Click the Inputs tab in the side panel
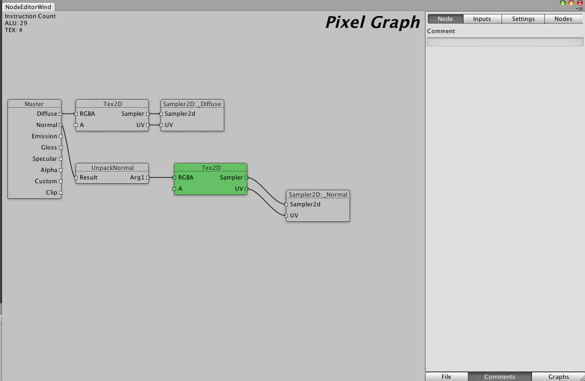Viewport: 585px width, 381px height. click(x=482, y=19)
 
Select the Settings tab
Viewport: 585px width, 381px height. click(x=523, y=19)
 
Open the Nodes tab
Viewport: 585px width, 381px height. click(x=564, y=19)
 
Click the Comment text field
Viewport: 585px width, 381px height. click(x=505, y=42)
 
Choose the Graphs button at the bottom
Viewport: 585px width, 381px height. click(x=559, y=377)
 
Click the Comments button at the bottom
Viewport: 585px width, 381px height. click(x=499, y=377)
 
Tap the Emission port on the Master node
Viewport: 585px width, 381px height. click(x=61, y=136)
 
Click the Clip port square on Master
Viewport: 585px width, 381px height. click(x=61, y=193)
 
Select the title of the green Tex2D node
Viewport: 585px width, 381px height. click(x=211, y=168)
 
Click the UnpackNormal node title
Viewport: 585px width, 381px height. click(x=112, y=168)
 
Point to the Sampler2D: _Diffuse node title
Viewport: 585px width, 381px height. click(x=192, y=104)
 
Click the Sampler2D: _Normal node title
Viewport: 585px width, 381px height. click(x=318, y=194)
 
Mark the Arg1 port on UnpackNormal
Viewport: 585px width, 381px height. click(x=148, y=178)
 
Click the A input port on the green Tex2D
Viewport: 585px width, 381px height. click(x=174, y=189)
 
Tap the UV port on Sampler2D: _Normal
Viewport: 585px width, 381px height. click(x=286, y=215)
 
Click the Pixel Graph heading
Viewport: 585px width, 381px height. click(x=373, y=23)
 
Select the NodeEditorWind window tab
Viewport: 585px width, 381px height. click(x=28, y=7)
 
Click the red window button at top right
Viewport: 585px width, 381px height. click(x=580, y=3)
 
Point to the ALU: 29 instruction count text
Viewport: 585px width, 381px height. click(x=16, y=23)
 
